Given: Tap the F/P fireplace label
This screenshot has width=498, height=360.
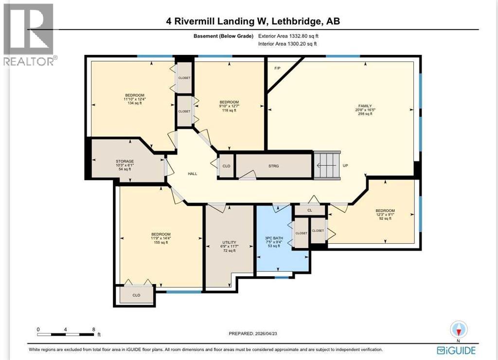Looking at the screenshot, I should pyautogui.click(x=277, y=68).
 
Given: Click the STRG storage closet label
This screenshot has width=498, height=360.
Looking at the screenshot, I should pyautogui.click(x=273, y=166).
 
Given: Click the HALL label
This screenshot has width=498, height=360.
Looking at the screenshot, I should pyautogui.click(x=193, y=173).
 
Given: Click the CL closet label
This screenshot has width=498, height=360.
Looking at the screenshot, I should pyautogui.click(x=309, y=210).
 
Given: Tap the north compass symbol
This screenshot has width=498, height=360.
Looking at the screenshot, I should pyautogui.click(x=459, y=329).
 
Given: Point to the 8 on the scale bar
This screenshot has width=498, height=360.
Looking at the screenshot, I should pyautogui.click(x=93, y=329).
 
